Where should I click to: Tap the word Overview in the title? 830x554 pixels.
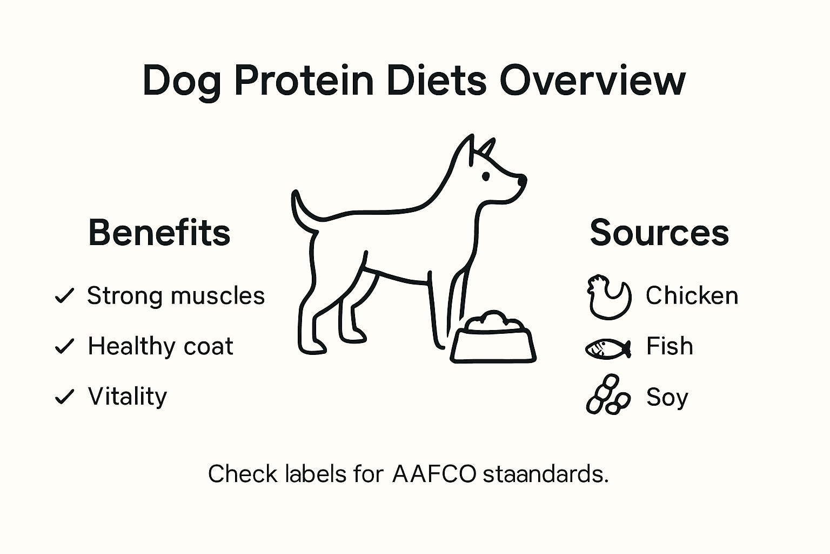coord(592,81)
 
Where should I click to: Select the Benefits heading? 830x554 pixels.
coord(159,233)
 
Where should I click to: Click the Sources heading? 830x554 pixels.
coord(659,233)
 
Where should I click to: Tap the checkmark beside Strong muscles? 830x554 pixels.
coord(64,296)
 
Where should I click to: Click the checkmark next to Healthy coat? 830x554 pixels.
coord(64,346)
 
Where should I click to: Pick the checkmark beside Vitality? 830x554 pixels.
coord(64,397)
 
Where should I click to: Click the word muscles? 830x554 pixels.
coord(217,296)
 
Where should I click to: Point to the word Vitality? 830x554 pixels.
coord(128,397)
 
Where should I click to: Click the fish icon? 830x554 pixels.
coord(608,348)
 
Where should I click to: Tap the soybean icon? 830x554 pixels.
coord(608,395)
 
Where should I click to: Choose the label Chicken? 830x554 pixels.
coord(692,296)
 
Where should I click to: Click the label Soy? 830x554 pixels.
coord(667,398)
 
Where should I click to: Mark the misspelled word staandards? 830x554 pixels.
coord(545,474)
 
